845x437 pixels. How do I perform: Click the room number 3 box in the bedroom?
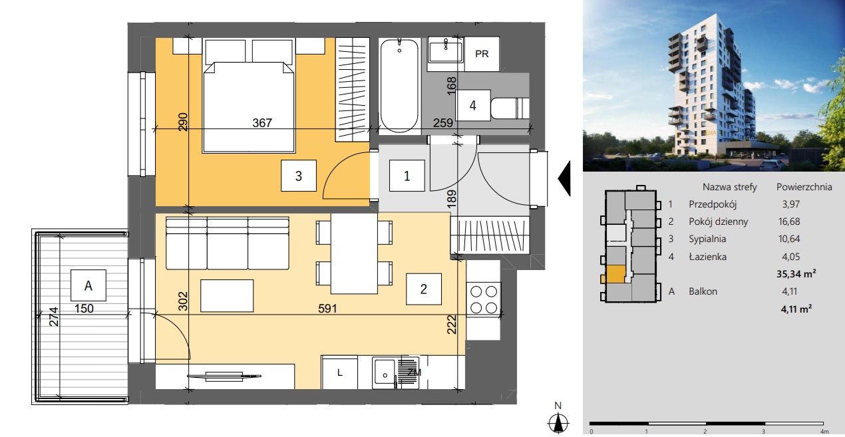pos(298,176)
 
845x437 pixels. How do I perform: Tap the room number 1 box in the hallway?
pos(407,176)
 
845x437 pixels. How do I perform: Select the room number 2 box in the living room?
pos(424,289)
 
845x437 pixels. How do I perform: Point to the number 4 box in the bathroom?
pos(473,105)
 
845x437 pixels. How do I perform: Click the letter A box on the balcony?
pos(88,285)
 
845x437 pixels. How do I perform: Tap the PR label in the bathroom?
pos(482,54)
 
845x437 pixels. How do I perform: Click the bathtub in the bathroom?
pos(399,86)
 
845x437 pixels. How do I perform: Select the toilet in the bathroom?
pos(510,108)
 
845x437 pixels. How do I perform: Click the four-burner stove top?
pos(484,299)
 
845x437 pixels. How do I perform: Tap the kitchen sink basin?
pos(384,373)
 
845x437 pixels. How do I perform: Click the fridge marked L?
pos(339,373)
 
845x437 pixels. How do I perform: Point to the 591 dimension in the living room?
pos(327,309)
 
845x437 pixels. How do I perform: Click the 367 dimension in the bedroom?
pos(262,123)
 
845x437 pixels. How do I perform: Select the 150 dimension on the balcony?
pos(84,309)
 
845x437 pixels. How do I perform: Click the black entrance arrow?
pos(564,178)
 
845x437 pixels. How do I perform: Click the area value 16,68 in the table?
pos(789,221)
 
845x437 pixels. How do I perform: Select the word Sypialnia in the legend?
pos(707,239)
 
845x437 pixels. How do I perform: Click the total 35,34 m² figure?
pos(796,274)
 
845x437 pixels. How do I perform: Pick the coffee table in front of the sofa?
pos(227,295)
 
